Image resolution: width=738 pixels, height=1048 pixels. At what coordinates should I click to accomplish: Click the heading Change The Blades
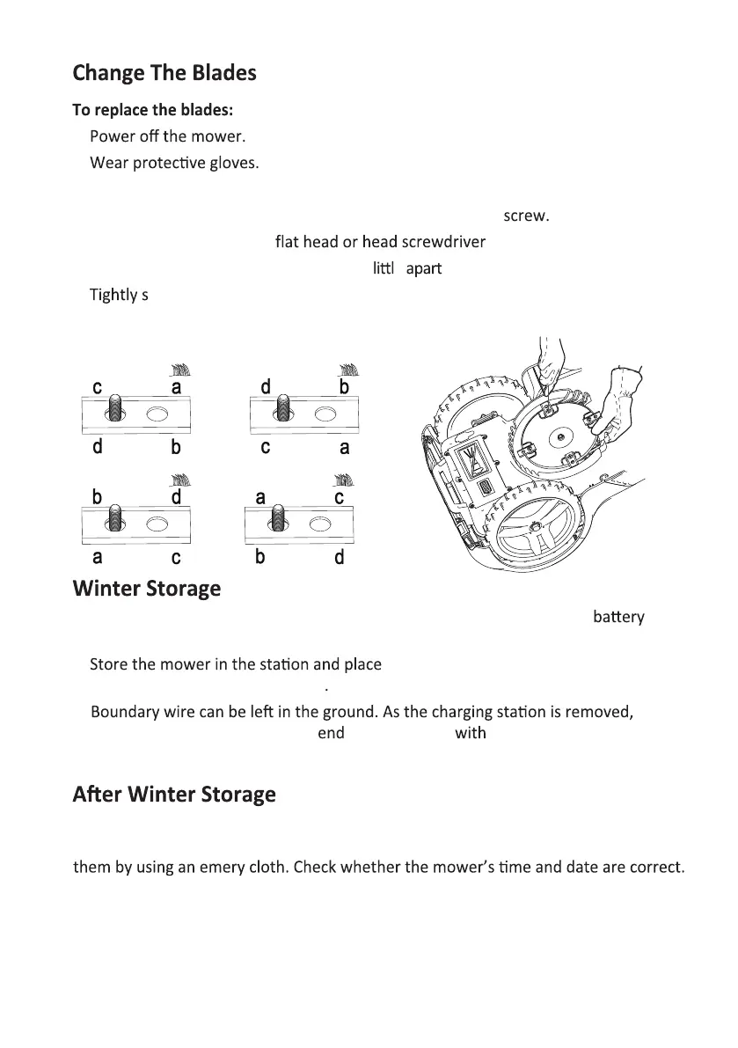164,72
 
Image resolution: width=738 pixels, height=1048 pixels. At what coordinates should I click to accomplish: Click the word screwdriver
444,241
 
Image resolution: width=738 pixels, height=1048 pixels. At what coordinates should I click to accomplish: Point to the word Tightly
113,295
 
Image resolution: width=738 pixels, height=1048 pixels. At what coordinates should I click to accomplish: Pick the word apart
423,268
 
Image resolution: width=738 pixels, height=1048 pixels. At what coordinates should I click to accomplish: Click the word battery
618,618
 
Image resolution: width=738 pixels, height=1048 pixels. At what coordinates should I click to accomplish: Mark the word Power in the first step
111,137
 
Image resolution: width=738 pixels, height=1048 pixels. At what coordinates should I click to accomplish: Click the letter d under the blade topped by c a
98,447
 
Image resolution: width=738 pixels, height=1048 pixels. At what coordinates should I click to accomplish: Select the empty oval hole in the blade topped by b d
157,524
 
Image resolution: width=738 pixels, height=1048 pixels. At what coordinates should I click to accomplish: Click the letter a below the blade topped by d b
344,447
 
